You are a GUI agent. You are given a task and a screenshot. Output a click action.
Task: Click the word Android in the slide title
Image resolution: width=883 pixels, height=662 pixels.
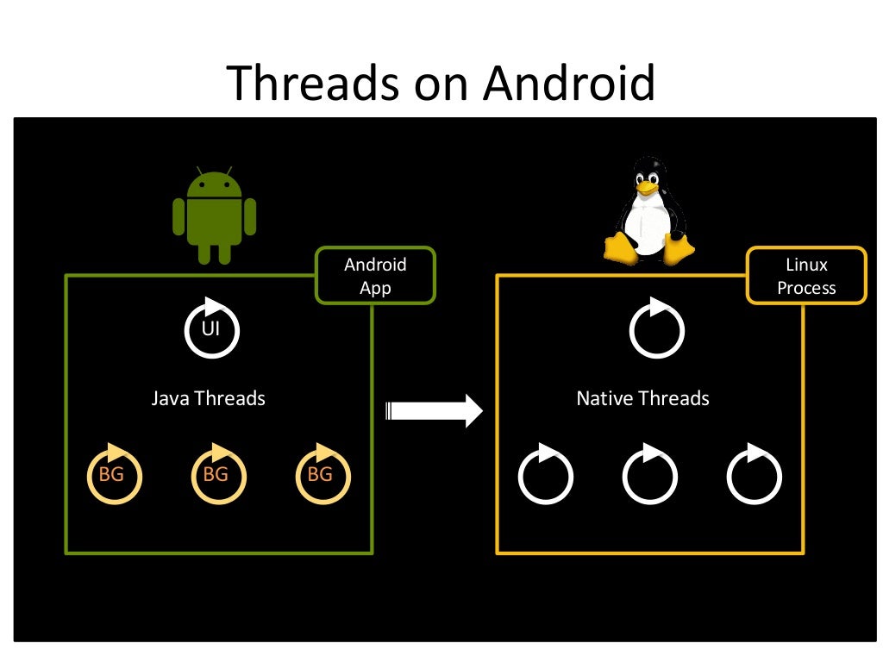tap(569, 84)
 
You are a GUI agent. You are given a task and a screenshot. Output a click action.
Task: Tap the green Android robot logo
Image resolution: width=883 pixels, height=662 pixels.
tap(214, 216)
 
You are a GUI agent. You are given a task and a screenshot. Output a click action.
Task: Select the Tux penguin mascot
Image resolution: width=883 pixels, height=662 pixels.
tap(648, 212)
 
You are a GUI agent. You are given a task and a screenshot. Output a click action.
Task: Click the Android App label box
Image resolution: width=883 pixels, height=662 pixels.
tap(375, 276)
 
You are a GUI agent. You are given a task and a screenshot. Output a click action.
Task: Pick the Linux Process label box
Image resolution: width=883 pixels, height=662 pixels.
tap(806, 276)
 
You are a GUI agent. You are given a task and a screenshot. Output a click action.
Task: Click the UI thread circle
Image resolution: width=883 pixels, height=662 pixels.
tap(211, 329)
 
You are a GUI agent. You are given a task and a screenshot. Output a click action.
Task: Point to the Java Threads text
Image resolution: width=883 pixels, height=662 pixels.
tap(208, 398)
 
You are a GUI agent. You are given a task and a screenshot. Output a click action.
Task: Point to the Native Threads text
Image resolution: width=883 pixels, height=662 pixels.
tap(642, 398)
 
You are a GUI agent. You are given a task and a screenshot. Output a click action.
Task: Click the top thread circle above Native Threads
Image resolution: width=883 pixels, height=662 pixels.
tap(656, 329)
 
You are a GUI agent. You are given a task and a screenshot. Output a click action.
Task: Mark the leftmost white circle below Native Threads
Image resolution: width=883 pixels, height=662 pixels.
tap(545, 476)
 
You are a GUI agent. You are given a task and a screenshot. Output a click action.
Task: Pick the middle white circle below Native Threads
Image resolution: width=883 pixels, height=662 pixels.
tap(649, 476)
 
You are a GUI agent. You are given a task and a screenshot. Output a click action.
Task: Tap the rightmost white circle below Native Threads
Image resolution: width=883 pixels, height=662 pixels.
tap(754, 476)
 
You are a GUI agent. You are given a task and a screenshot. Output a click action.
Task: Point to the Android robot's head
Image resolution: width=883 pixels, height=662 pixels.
tap(214, 184)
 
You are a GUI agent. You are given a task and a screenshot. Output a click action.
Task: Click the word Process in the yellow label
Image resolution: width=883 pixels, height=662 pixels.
tap(806, 288)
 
